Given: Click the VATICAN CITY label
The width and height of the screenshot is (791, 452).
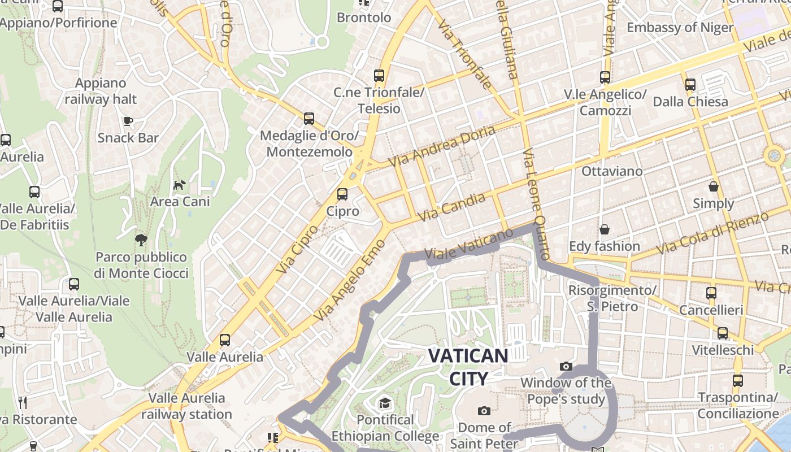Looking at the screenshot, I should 468,367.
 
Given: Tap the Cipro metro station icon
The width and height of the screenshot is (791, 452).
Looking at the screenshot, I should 342,194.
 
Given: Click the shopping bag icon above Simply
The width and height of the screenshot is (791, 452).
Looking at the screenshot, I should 714,186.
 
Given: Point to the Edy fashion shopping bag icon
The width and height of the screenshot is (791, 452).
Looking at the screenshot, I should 605,229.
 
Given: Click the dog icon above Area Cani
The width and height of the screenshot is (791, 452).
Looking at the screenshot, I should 179,185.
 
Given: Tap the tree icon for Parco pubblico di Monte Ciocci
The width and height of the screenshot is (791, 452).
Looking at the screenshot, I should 141,240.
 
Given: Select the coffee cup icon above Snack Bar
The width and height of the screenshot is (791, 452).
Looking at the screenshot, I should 128,120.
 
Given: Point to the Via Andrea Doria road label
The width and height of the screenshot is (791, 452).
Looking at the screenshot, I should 442,146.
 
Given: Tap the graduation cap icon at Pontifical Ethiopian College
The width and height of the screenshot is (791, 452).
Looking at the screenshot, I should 385,403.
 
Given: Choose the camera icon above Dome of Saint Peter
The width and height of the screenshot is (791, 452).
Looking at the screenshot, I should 484,411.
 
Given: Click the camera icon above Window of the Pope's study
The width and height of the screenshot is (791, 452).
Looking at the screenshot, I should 566,367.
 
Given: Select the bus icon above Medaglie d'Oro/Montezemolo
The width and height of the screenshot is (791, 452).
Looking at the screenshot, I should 309,119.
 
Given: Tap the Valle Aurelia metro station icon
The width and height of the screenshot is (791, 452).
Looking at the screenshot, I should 225,340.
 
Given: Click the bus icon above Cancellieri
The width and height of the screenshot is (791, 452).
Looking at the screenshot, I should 711,293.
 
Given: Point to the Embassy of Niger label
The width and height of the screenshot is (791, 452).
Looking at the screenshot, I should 680,27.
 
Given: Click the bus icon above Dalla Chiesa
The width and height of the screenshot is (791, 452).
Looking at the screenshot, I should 690,85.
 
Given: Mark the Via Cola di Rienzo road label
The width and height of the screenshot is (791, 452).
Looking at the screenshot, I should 713,233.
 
